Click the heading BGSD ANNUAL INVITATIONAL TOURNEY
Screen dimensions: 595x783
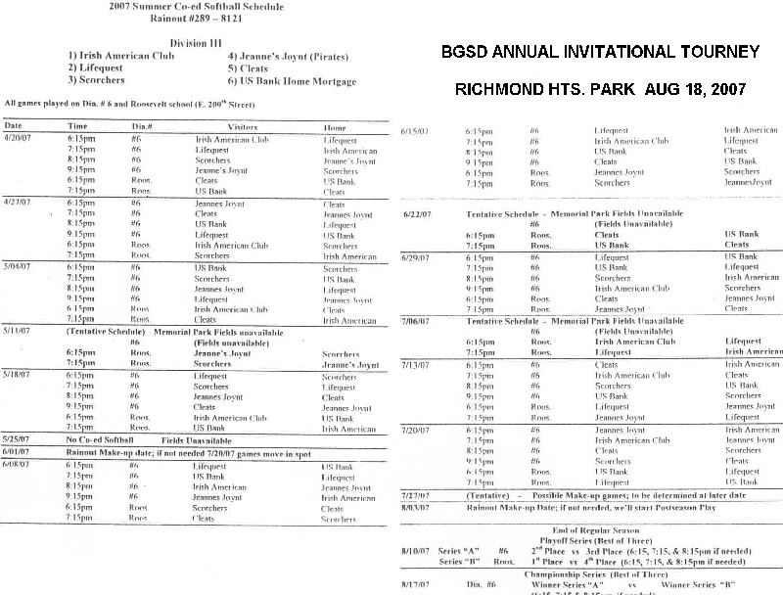[x=600, y=52]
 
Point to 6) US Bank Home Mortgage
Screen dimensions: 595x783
[x=292, y=81]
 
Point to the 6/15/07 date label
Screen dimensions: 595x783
[x=417, y=129]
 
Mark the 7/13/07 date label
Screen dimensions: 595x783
[x=417, y=364]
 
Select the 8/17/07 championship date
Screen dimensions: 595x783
[x=416, y=584]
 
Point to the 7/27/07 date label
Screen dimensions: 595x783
[x=417, y=495]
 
